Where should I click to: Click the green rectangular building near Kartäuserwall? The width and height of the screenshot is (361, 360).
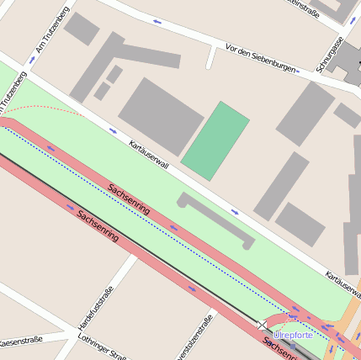pos(215,140)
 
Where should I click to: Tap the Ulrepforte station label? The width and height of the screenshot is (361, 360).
pos(294,335)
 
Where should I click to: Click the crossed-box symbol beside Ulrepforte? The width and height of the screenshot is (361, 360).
pos(263,325)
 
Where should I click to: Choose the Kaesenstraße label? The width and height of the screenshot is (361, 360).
pos(20,341)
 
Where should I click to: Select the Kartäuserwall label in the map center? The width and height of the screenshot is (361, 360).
pos(149,154)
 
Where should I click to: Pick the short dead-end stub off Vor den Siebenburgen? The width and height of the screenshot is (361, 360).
pos(210,57)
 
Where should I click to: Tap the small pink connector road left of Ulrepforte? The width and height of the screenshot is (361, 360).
pos(289,320)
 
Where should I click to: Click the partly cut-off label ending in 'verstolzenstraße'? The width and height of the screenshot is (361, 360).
pos(194,337)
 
